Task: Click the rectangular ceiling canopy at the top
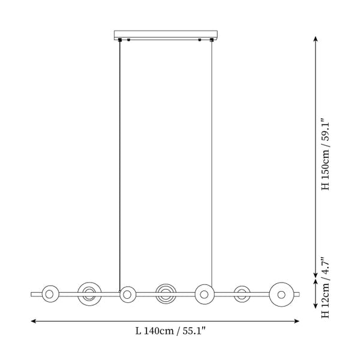coord(166,35)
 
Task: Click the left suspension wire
coord(119,166)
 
